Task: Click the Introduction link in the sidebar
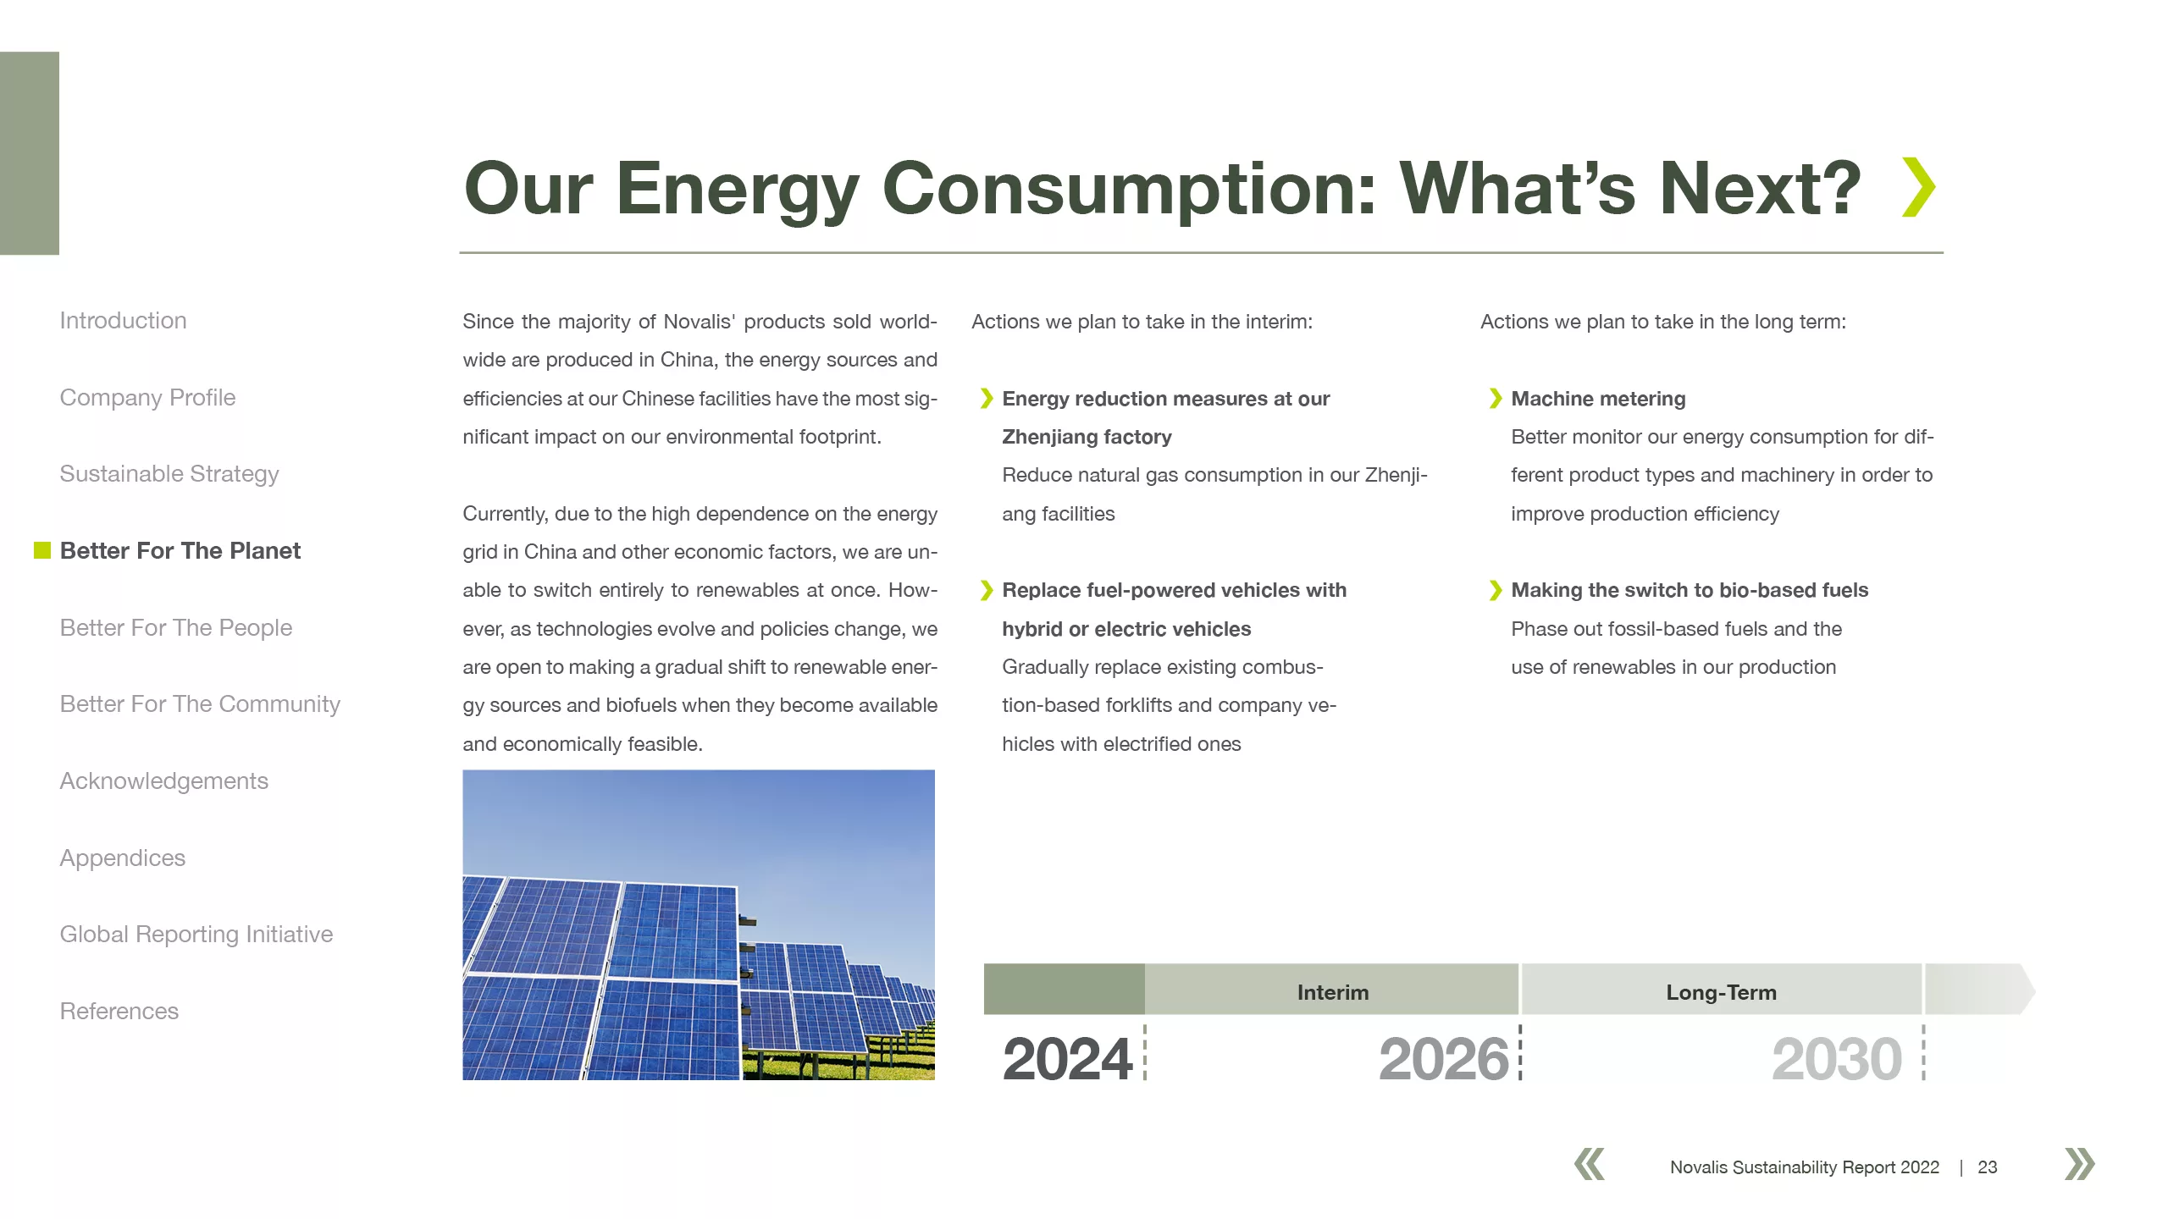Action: click(x=123, y=321)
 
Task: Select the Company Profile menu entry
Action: click(x=147, y=398)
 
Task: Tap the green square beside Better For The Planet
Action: click(x=42, y=550)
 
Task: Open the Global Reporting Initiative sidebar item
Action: click(x=196, y=935)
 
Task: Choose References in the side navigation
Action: click(x=119, y=1012)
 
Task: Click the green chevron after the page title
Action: click(x=1919, y=187)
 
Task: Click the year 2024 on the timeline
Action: click(x=1068, y=1059)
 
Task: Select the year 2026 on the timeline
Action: click(x=1444, y=1059)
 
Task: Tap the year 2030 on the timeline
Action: click(x=1837, y=1059)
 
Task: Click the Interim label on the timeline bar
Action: click(x=1333, y=993)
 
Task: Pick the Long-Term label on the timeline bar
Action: click(x=1722, y=993)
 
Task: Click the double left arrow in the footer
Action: click(x=1590, y=1164)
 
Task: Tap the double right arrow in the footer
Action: click(x=2080, y=1164)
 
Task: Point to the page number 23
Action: click(x=1988, y=1167)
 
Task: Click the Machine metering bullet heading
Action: click(x=1598, y=399)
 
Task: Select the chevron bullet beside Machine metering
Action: click(x=1496, y=399)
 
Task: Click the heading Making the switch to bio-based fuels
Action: click(x=1690, y=590)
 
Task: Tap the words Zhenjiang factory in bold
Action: click(x=1087, y=438)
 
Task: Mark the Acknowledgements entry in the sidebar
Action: click(x=164, y=781)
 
